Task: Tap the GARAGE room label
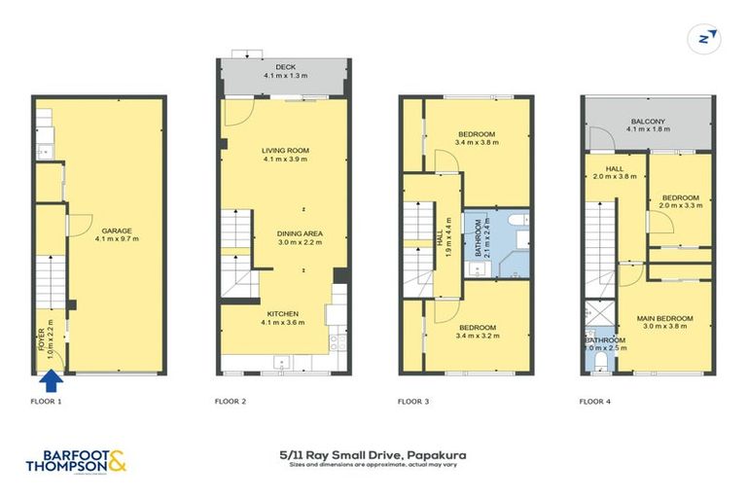click(114, 231)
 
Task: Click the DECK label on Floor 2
click(285, 66)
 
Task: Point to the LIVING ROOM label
click(285, 150)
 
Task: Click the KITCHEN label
click(284, 313)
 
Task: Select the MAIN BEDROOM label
click(665, 318)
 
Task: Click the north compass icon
click(707, 38)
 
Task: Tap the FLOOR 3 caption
click(415, 401)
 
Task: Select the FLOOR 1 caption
click(46, 401)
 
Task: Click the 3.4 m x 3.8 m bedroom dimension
click(477, 143)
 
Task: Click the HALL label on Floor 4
click(601, 167)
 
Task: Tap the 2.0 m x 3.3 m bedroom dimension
click(680, 205)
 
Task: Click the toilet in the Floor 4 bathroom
click(600, 363)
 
